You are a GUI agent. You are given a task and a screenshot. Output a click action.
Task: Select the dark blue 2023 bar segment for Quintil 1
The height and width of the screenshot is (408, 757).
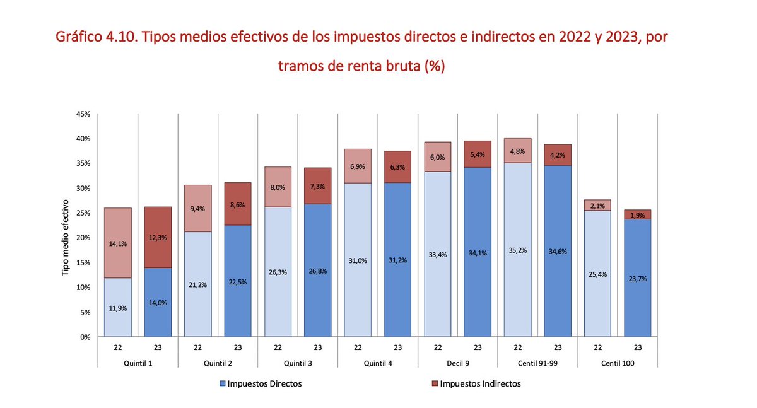click(x=158, y=303)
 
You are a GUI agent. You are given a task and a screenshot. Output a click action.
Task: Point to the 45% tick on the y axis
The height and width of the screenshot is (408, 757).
click(x=84, y=114)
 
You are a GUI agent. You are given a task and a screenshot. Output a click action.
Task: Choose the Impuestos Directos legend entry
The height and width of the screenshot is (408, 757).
click(x=261, y=383)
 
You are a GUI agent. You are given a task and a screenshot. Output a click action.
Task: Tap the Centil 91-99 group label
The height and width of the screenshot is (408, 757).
click(x=537, y=363)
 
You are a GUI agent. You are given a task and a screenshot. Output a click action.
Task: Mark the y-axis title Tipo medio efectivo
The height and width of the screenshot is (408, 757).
click(x=65, y=238)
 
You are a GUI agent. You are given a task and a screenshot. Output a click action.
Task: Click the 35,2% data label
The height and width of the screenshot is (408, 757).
click(x=518, y=250)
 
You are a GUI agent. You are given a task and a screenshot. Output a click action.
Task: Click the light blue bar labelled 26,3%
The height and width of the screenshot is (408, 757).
click(x=278, y=271)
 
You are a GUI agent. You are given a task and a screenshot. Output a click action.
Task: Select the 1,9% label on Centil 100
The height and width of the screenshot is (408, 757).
click(x=638, y=215)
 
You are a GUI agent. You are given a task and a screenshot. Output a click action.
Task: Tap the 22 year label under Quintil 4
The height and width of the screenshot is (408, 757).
click(x=358, y=347)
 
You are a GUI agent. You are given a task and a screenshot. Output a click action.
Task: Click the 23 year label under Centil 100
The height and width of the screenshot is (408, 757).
click(x=638, y=347)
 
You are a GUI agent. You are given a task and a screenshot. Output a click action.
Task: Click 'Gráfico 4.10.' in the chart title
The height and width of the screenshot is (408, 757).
click(x=93, y=37)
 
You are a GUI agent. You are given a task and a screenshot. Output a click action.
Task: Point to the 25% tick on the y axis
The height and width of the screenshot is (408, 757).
click(x=84, y=213)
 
